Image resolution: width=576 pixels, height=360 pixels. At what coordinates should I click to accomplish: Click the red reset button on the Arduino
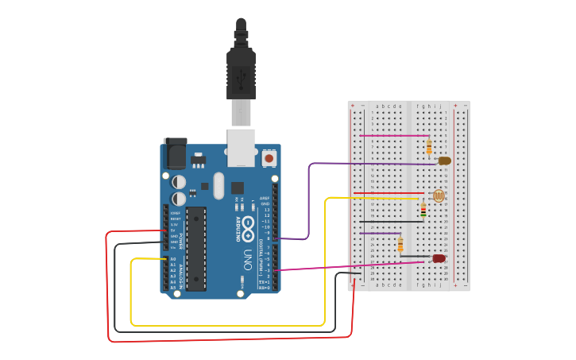pos(269,159)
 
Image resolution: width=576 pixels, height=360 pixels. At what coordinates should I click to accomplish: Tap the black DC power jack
pos(175,153)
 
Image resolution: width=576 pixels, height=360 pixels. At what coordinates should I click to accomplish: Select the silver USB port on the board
pos(242,146)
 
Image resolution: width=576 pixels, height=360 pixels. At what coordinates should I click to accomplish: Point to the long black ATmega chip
pos(195,249)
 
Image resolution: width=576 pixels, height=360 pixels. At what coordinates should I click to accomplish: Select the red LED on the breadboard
pos(438,258)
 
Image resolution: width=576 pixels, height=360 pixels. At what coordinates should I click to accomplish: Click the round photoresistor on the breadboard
pos(438,195)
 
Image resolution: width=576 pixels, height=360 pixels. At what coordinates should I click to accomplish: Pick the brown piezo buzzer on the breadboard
pos(444,161)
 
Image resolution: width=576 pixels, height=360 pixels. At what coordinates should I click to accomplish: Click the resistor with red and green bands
pos(423,210)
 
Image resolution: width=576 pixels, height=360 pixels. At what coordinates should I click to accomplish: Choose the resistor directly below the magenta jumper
pos(429,146)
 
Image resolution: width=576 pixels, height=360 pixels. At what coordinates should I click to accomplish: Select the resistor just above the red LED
pos(400,244)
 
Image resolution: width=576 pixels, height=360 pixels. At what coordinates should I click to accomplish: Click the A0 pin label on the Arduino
pos(173,259)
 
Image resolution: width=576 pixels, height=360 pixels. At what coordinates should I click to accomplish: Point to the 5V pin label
pos(173,230)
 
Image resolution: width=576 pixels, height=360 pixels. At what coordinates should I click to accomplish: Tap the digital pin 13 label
pos(267,210)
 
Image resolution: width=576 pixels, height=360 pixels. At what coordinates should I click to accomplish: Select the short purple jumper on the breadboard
pos(381,233)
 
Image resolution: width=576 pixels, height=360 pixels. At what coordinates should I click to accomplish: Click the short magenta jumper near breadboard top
pos(393,136)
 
